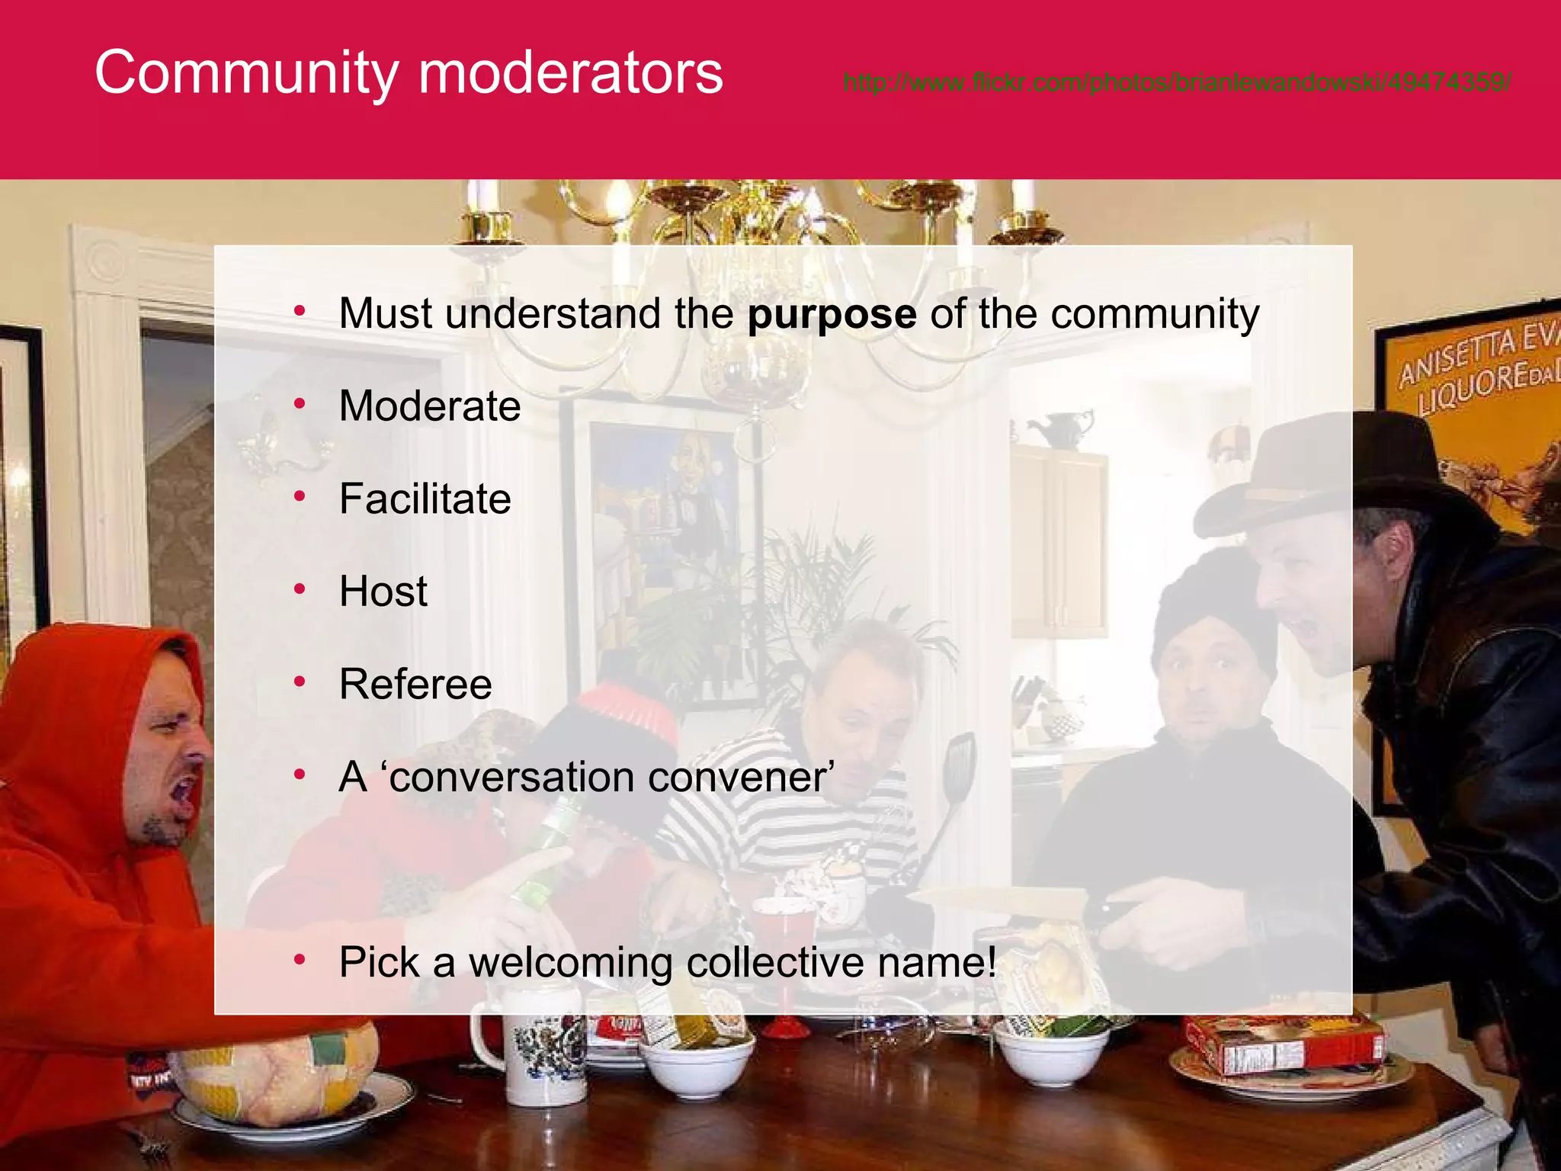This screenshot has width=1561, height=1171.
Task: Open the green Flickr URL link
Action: pos(1177,82)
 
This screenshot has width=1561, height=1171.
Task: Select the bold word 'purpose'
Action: pos(832,314)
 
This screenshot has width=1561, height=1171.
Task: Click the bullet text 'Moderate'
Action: pos(430,406)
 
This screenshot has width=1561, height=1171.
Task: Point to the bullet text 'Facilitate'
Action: pos(425,499)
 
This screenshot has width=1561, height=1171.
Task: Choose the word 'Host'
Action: pos(383,592)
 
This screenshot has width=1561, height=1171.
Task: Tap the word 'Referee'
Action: pos(415,684)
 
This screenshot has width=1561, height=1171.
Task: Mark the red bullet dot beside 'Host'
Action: pos(300,589)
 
